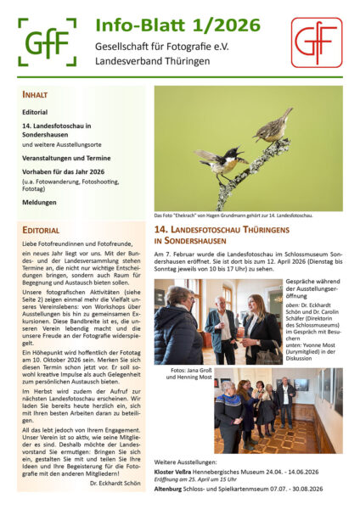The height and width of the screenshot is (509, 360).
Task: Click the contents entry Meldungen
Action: pyautogui.click(x=40, y=201)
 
